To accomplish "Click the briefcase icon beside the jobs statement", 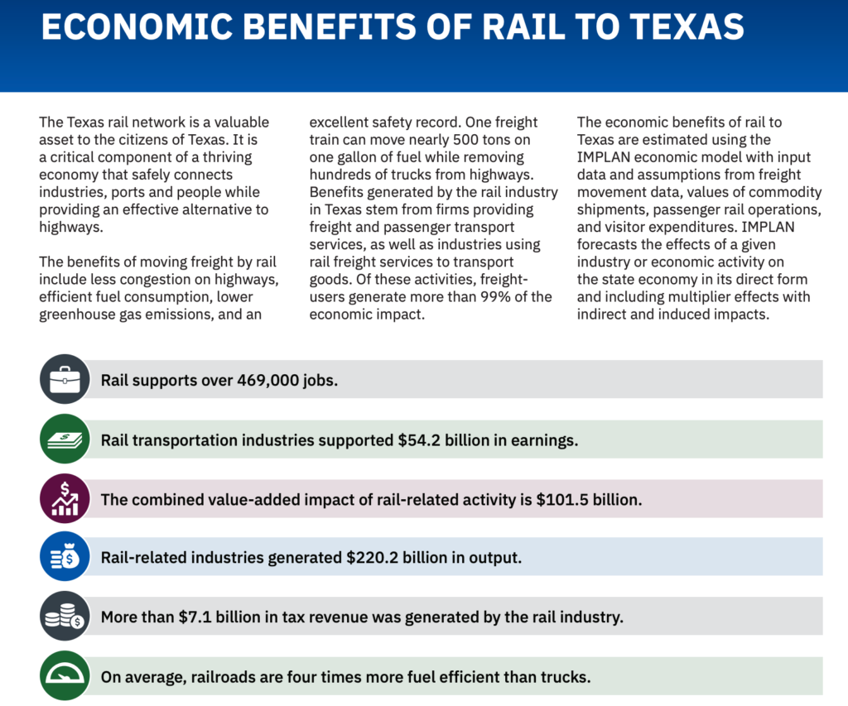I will pos(64,379).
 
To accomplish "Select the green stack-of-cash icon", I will pos(64,439).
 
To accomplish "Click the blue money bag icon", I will pos(64,557).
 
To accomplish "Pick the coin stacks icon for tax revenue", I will pos(64,617).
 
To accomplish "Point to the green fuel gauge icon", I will pos(64,676).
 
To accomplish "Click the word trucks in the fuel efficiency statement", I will pos(565,677).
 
